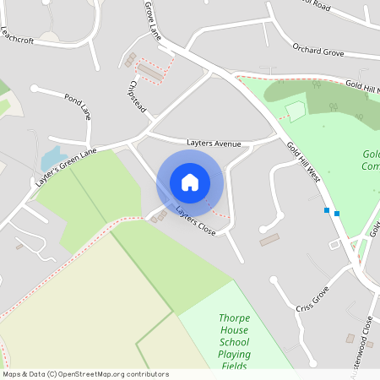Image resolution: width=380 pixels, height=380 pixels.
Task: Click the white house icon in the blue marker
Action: [x=190, y=182]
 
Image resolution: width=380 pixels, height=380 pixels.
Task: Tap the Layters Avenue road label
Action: [x=214, y=144]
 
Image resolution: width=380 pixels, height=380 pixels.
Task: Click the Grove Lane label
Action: [x=153, y=20]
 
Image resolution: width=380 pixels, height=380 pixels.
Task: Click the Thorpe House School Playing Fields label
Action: [x=233, y=341]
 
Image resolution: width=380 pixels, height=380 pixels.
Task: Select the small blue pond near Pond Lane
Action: [x=50, y=157]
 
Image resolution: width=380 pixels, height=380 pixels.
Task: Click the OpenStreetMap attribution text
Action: [x=85, y=374]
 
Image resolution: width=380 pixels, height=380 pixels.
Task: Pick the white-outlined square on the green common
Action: [x=295, y=111]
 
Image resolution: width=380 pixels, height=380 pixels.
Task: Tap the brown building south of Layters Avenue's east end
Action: [x=269, y=240]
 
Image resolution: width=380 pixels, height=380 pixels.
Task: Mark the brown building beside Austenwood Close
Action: [x=350, y=339]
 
